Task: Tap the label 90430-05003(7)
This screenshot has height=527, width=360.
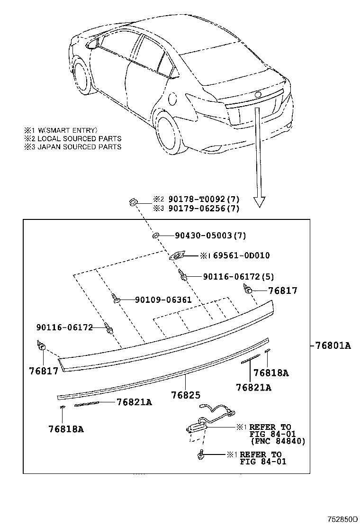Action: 210,235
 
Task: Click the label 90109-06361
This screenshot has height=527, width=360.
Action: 163,300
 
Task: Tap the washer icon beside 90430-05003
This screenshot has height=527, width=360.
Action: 155,235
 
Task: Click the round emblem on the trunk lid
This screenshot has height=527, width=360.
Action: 258,94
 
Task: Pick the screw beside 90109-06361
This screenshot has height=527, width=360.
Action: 116,298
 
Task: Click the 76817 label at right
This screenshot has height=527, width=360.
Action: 282,291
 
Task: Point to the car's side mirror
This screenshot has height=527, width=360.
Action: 92,45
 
